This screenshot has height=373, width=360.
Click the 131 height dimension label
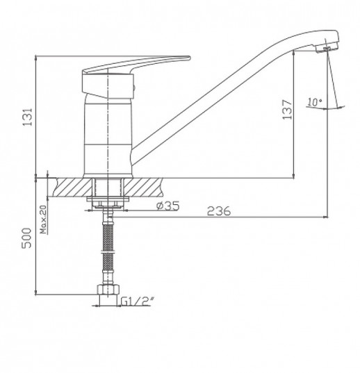click(28, 117)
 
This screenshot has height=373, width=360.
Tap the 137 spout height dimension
click(287, 110)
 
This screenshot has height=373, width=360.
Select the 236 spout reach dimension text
click(219, 210)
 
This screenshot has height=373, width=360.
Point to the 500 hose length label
click(26, 238)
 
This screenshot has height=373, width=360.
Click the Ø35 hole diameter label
click(168, 206)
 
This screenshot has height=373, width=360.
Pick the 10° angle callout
click(315, 102)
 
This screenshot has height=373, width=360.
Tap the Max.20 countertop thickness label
click(44, 219)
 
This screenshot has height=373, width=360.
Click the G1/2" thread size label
click(137, 301)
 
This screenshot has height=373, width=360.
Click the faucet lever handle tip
click(190, 58)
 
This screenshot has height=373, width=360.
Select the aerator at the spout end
click(327, 49)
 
